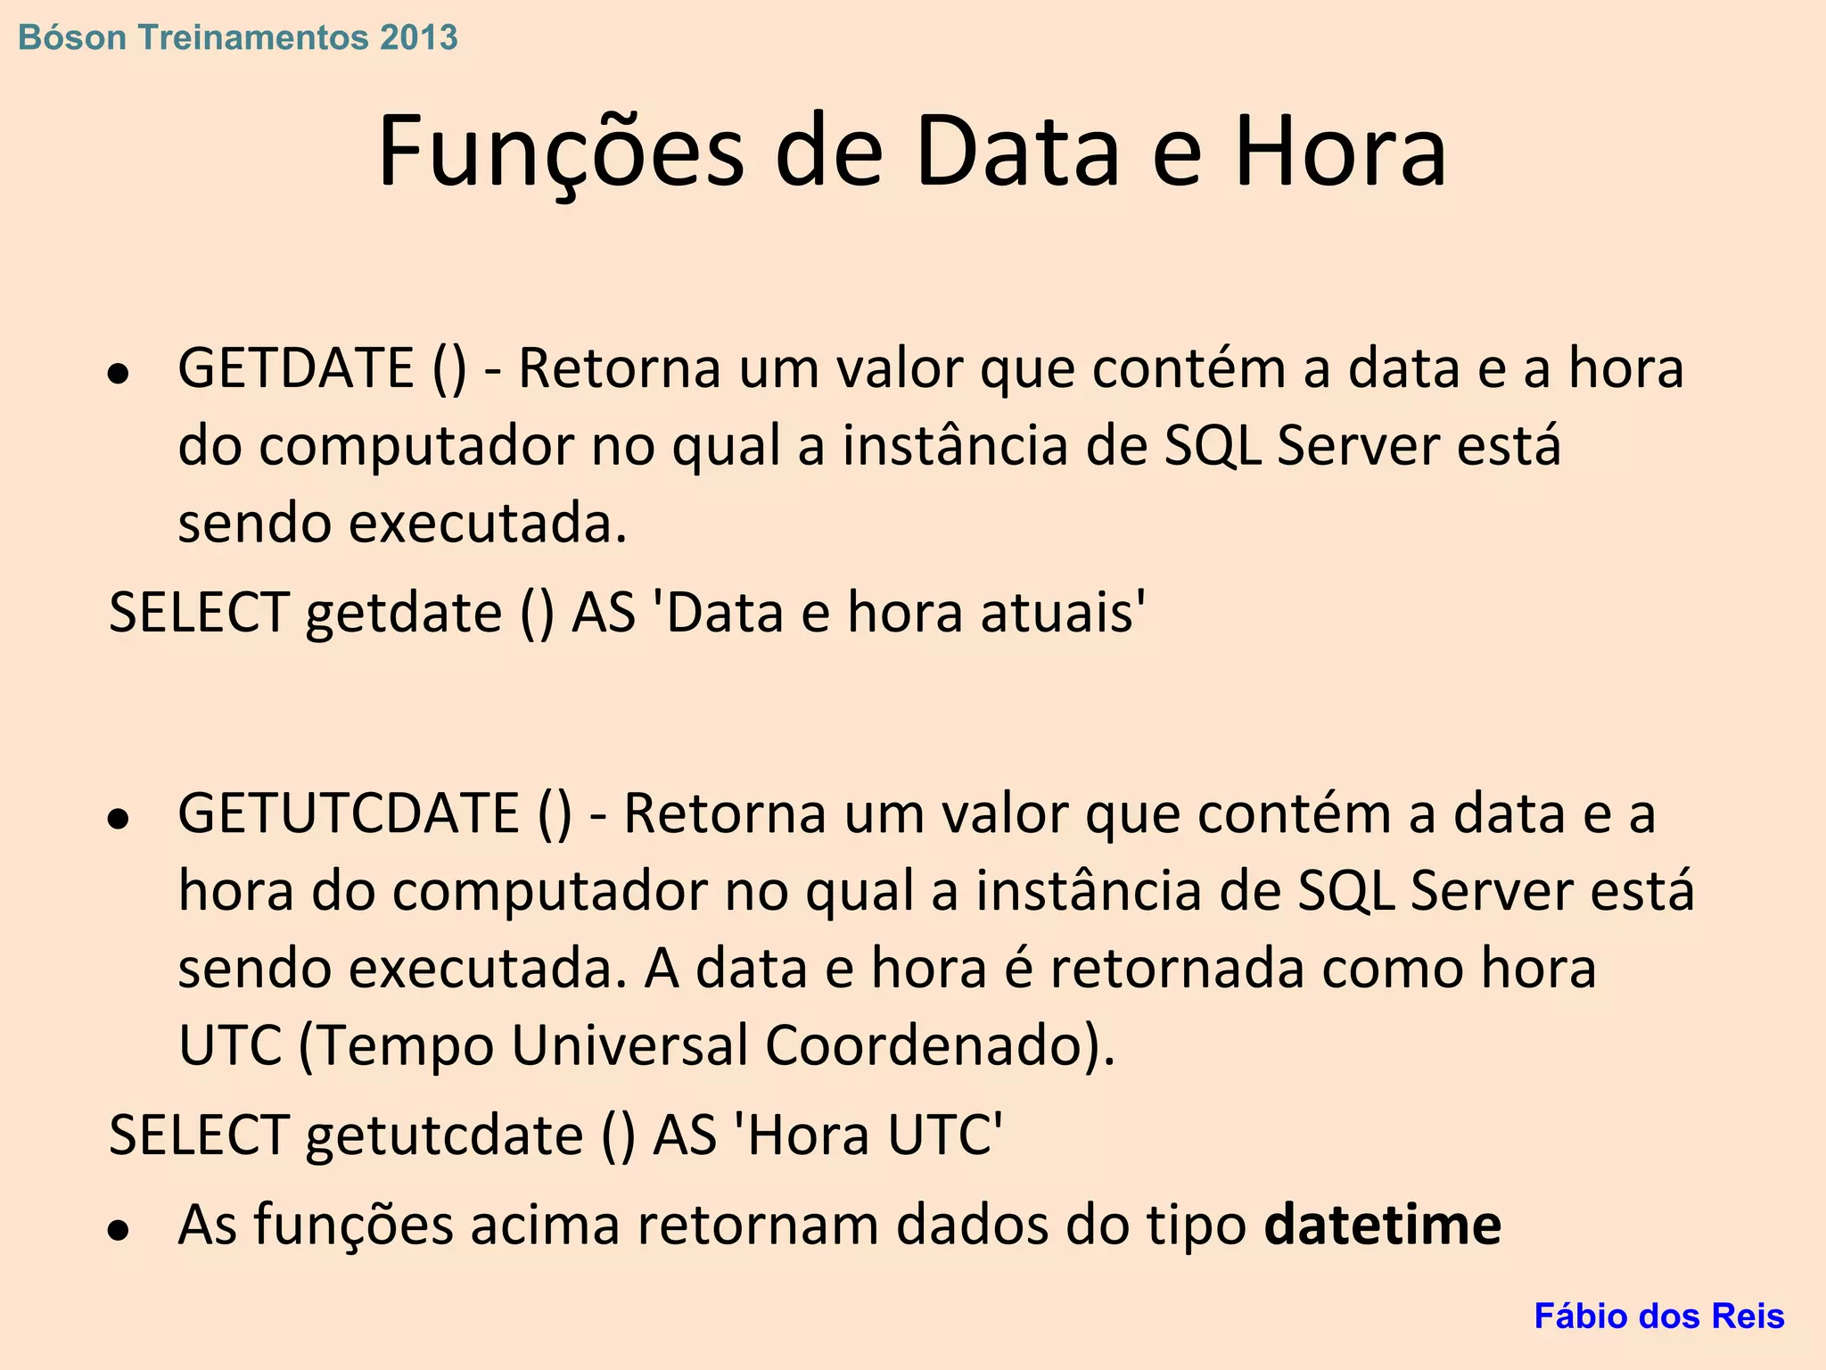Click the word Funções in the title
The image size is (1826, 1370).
pyautogui.click(x=561, y=152)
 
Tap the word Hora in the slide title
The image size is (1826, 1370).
pyautogui.click(x=1339, y=152)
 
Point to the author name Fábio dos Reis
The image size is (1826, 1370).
pyautogui.click(x=1658, y=1316)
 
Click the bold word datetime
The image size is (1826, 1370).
pyautogui.click(x=1383, y=1225)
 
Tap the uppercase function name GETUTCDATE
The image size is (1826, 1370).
pyautogui.click(x=349, y=813)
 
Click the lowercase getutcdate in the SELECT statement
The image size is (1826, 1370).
pyautogui.click(x=444, y=1135)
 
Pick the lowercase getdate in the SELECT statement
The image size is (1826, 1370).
pyautogui.click(x=404, y=613)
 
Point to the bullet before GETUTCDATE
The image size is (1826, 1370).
pyautogui.click(x=118, y=818)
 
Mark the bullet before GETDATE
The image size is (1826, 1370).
pyautogui.click(x=118, y=373)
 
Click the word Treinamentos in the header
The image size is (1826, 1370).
pyautogui.click(x=253, y=37)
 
